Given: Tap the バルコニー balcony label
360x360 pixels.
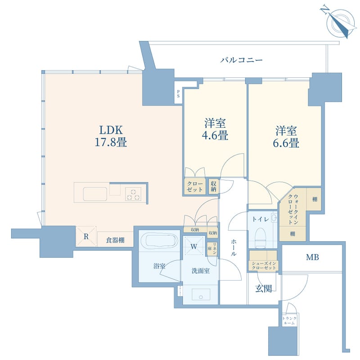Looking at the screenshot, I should pos(241,60).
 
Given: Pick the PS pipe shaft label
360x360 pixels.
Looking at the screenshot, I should pos(178,94).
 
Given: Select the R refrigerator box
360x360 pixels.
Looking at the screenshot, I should pos(86,236).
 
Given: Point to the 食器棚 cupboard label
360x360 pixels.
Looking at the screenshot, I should pos(115,240).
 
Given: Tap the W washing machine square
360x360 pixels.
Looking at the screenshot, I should pos(193,247).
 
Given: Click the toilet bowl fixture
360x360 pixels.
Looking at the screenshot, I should pos(261,236).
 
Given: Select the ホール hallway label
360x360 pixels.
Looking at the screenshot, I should pos(233,247).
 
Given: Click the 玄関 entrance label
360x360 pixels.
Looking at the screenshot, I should pos(264,288).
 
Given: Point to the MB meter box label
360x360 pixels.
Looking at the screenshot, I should pos(312,258).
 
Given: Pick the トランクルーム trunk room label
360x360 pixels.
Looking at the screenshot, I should pos(289,320).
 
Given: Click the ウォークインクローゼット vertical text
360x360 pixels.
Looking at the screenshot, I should pos(293,209).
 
